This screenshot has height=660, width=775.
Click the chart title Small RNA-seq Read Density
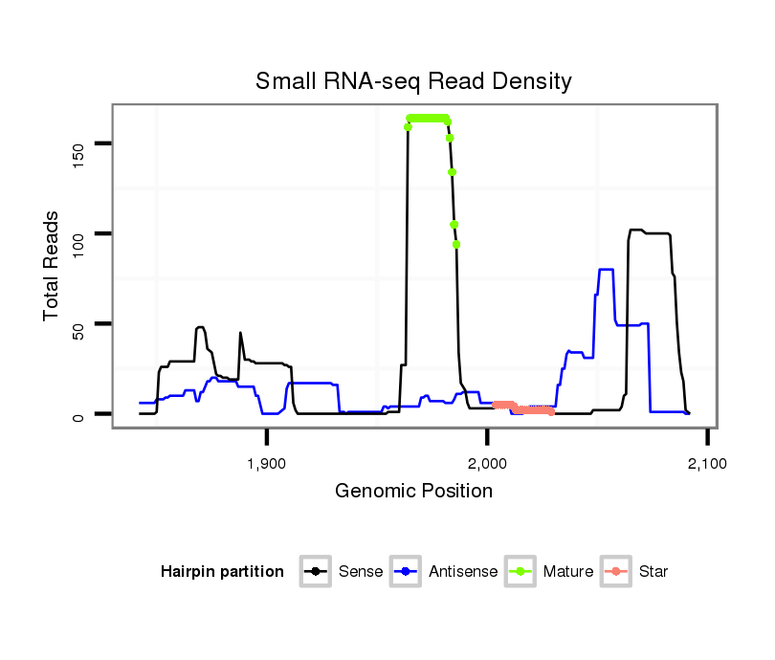pyautogui.click(x=413, y=81)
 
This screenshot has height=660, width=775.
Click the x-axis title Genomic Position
pyautogui.click(x=413, y=492)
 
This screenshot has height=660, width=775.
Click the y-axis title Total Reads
pyautogui.click(x=52, y=266)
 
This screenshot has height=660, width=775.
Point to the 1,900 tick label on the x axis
pyautogui.click(x=266, y=464)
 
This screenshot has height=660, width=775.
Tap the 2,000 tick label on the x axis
pyautogui.click(x=487, y=464)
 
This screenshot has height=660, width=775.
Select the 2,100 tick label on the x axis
pyautogui.click(x=707, y=464)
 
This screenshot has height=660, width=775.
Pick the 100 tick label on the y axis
pyautogui.click(x=79, y=233)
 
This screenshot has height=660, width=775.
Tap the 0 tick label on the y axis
pyautogui.click(x=79, y=414)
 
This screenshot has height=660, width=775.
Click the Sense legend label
pyautogui.click(x=361, y=572)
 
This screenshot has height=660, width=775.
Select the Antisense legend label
pyautogui.click(x=463, y=572)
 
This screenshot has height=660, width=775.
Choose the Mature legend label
pyautogui.click(x=567, y=572)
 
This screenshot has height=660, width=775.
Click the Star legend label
pyautogui.click(x=653, y=572)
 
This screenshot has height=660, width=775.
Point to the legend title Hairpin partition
pyautogui.click(x=222, y=572)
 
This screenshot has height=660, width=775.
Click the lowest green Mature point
pyautogui.click(x=456, y=244)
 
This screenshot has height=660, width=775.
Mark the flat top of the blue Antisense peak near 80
pyautogui.click(x=605, y=270)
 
